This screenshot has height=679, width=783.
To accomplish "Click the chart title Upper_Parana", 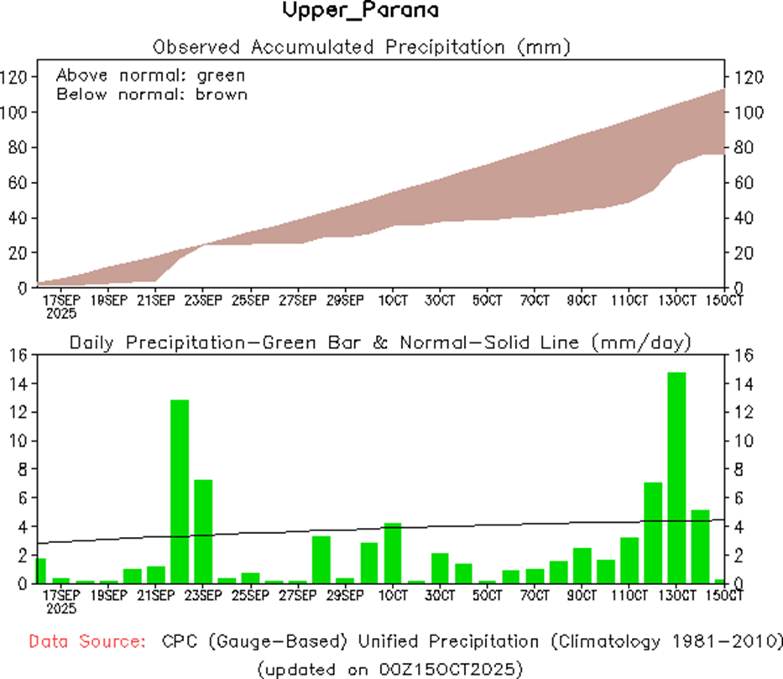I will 360,11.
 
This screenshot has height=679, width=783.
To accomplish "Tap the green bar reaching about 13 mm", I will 180,491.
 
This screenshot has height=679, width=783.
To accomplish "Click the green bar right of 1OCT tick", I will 393,552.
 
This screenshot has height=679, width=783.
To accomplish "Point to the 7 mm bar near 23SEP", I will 203,531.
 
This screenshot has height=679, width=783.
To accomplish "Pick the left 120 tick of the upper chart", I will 18,77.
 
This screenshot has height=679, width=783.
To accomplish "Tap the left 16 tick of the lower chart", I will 18,355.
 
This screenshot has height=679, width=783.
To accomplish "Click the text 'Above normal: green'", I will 150,76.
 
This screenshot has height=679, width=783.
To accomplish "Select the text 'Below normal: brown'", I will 151,94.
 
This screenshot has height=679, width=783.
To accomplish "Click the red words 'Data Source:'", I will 86,642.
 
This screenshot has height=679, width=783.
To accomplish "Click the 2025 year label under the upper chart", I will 60,313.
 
